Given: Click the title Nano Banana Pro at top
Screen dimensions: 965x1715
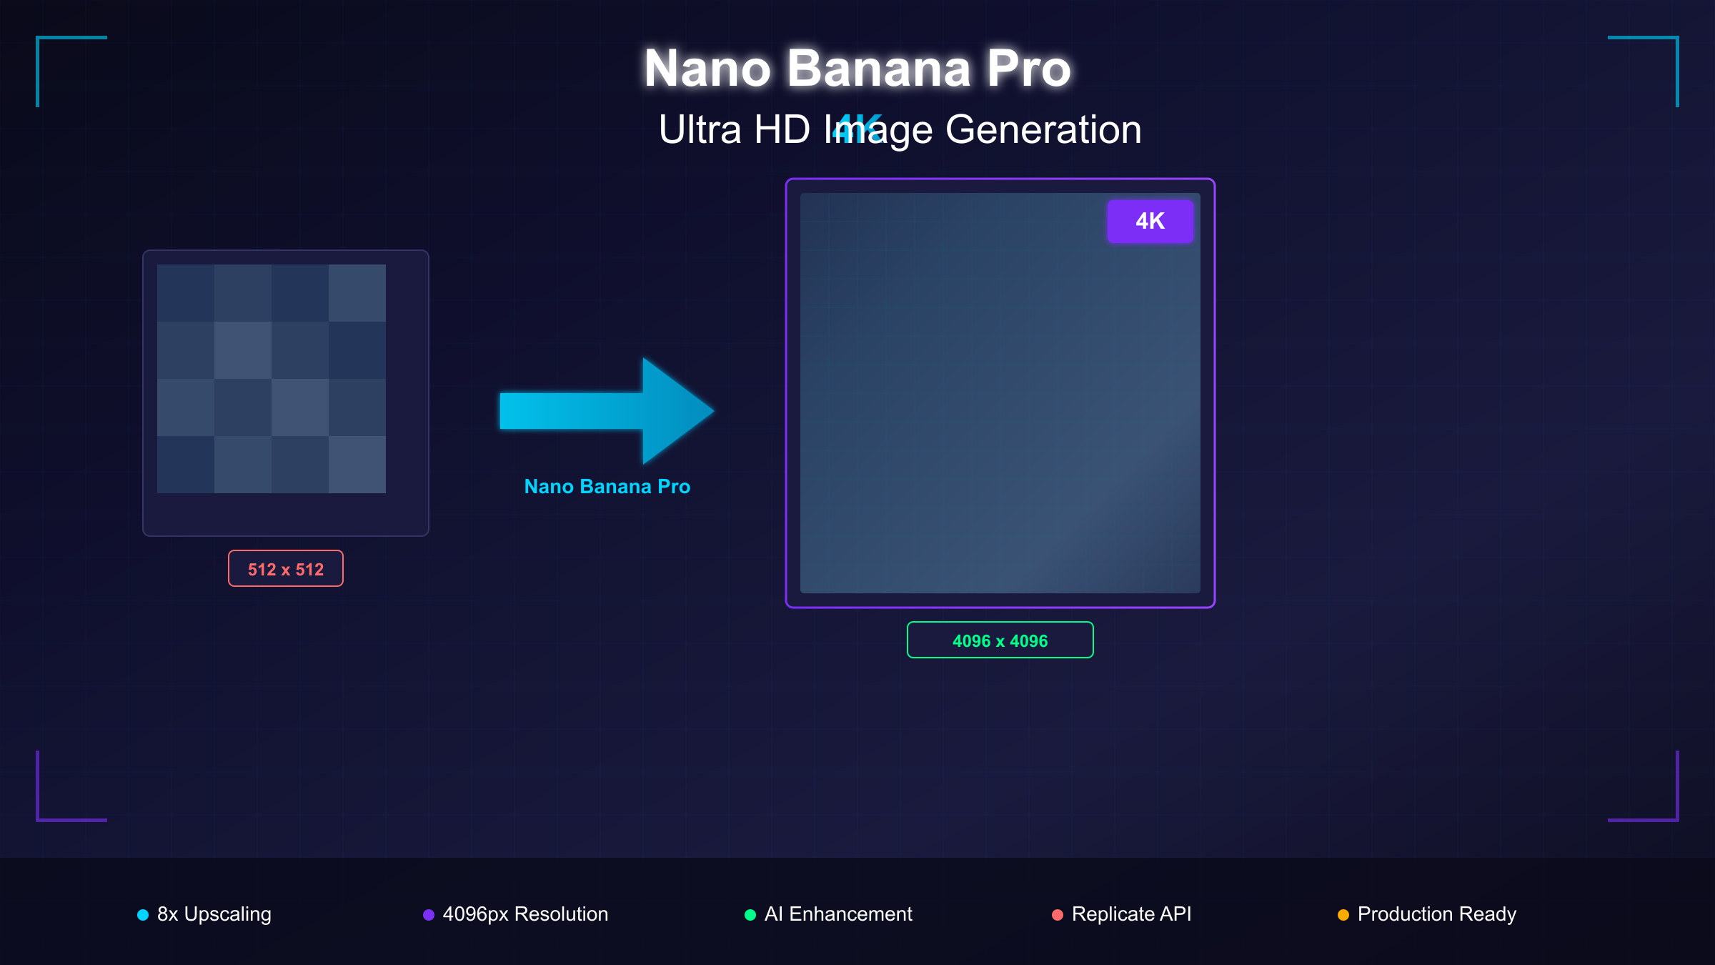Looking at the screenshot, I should (857, 69).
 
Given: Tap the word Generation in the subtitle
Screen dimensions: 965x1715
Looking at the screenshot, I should (1043, 130).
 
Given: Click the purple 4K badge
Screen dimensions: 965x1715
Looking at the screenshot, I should (1150, 222).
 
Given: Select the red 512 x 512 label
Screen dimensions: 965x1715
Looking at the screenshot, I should (286, 569).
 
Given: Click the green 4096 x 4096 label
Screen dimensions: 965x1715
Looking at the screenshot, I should (1000, 640).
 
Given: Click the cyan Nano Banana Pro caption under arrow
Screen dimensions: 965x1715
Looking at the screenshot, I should (607, 487).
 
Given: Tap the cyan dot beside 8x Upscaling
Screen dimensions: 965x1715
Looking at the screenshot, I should (143, 915).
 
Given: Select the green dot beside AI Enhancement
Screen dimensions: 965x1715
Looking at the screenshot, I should (750, 915).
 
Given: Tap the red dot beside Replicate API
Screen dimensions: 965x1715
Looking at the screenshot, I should (1058, 915).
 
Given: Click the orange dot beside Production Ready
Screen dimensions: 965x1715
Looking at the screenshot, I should (1343, 915).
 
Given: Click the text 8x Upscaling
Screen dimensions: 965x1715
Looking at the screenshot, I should (214, 914).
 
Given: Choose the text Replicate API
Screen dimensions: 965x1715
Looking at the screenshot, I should (1131, 914).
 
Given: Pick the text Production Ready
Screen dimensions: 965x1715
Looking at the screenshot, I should (1436, 914).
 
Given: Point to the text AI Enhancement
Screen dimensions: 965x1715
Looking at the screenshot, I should (838, 914).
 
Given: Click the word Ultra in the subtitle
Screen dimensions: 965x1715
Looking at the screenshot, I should (700, 130).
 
